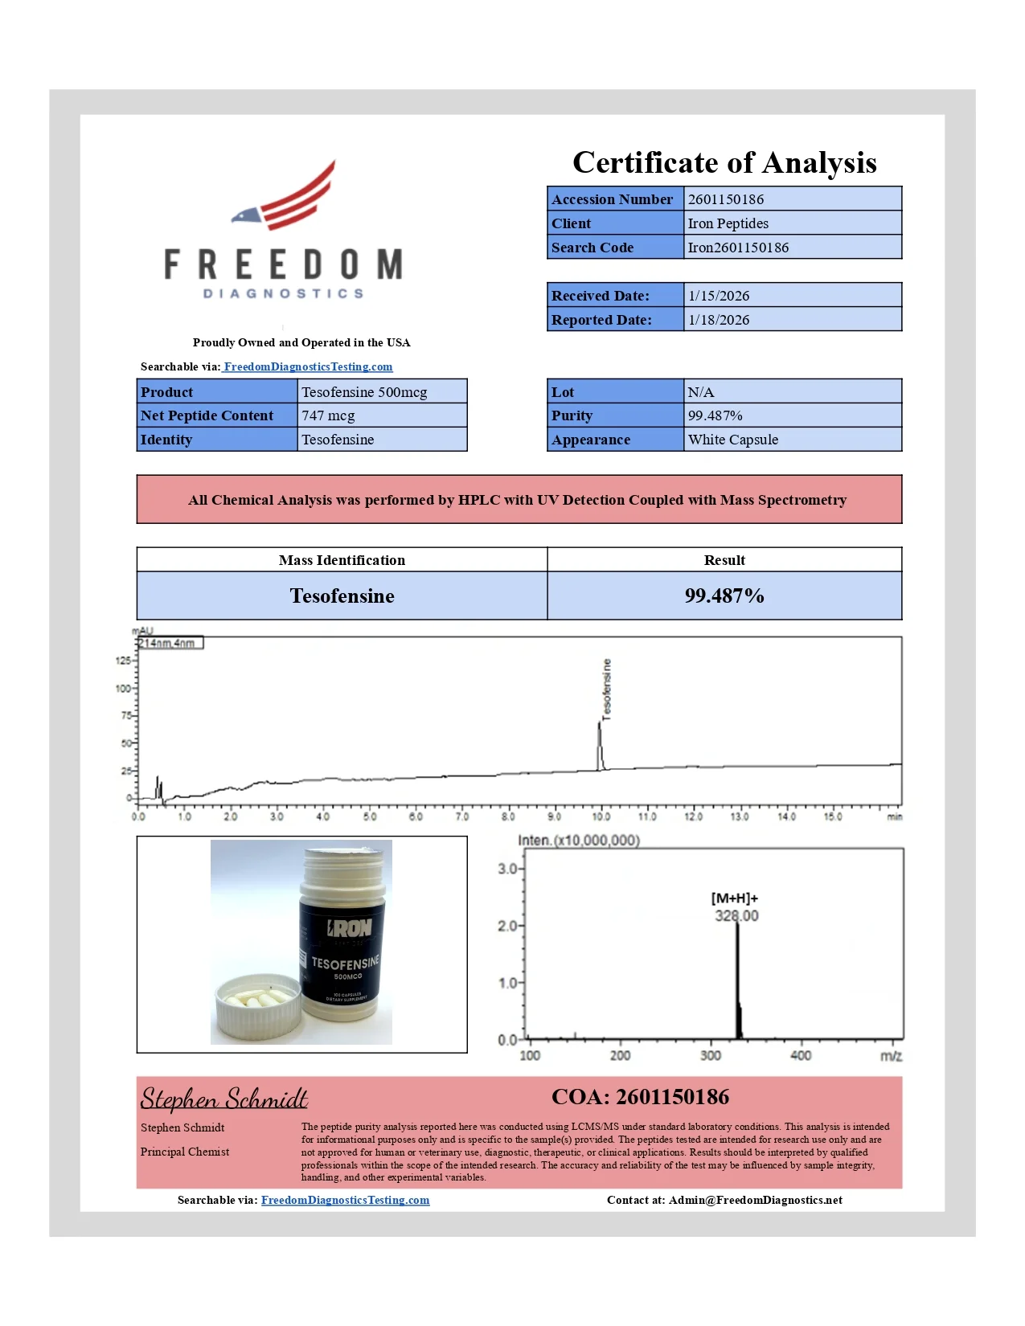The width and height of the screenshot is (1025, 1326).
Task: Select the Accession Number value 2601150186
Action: (x=726, y=199)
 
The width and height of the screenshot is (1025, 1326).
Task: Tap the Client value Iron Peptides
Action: (x=728, y=223)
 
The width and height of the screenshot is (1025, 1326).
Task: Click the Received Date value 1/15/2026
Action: (x=719, y=296)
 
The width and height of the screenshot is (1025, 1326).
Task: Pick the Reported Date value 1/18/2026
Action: (x=719, y=320)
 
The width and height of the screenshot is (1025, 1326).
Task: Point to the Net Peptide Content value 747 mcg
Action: (x=328, y=415)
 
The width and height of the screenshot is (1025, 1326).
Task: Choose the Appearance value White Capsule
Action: (x=732, y=440)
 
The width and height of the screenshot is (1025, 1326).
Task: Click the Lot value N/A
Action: (x=700, y=392)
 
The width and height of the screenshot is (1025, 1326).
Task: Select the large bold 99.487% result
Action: (x=724, y=595)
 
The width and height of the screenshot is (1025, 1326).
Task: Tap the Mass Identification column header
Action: (x=342, y=560)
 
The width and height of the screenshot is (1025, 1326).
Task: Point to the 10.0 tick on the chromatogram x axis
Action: (x=601, y=816)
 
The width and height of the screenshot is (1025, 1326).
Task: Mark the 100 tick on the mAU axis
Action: (x=123, y=689)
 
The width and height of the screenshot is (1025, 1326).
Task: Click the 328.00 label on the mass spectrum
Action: (x=736, y=916)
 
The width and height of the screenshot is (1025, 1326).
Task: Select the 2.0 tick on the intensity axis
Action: (x=507, y=926)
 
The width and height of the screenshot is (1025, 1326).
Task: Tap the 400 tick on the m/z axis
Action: (x=801, y=1055)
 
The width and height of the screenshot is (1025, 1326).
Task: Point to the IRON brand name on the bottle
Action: (x=350, y=928)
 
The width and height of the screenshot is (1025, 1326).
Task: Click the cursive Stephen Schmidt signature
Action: (x=223, y=1098)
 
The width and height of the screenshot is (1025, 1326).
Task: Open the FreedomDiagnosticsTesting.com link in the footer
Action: (x=345, y=1200)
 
